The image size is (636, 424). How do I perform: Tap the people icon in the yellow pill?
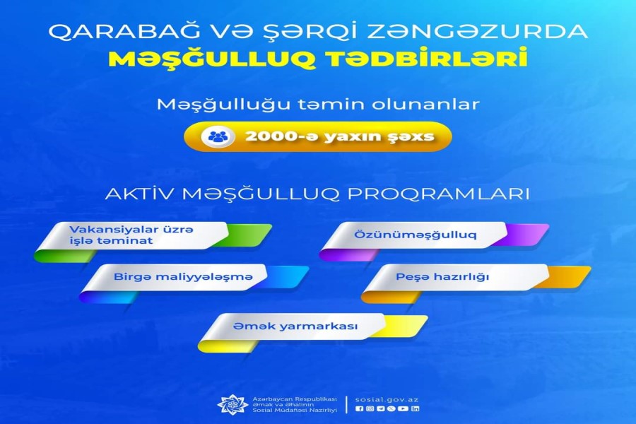click(x=218, y=136)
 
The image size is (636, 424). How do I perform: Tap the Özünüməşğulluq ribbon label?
click(x=415, y=235)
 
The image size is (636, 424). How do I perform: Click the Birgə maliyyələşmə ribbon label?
click(x=183, y=277)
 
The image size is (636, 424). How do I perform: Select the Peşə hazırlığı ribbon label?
click(x=442, y=277)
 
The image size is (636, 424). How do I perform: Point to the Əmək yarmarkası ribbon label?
click(x=295, y=326)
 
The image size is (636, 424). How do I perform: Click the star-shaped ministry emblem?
click(x=232, y=404)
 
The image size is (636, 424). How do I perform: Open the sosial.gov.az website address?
click(x=387, y=399)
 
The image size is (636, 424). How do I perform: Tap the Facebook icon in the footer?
click(x=358, y=409)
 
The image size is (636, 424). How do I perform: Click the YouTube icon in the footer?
click(x=403, y=409)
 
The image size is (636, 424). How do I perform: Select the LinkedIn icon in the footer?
click(x=415, y=409)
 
